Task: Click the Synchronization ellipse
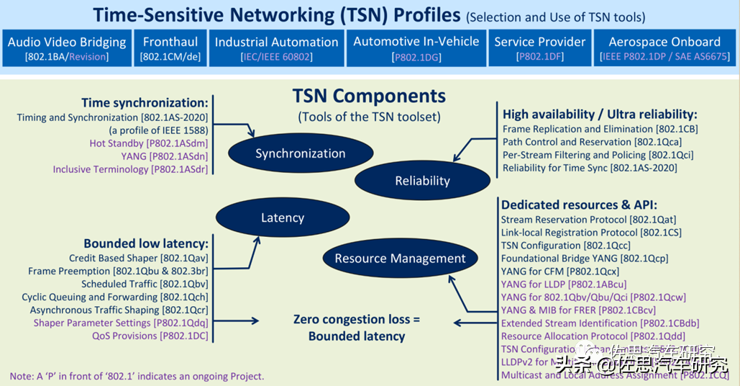pyautogui.click(x=301, y=153)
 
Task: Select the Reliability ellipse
pyautogui.click(x=422, y=181)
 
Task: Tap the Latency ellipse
pyautogui.click(x=283, y=217)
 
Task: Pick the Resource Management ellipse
pyautogui.click(x=400, y=259)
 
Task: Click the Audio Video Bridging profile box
pyautogui.click(x=67, y=48)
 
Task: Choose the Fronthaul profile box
pyautogui.click(x=170, y=48)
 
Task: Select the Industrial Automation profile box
pyautogui.click(x=276, y=48)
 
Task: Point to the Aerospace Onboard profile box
pyautogui.click(x=664, y=48)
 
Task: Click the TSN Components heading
pyautogui.click(x=369, y=96)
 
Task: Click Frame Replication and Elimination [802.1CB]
pyautogui.click(x=600, y=129)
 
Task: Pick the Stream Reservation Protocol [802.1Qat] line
pyautogui.click(x=588, y=220)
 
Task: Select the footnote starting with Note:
pyautogui.click(x=137, y=376)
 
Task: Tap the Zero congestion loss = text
pyautogui.click(x=356, y=320)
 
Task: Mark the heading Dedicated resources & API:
pyautogui.click(x=579, y=205)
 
